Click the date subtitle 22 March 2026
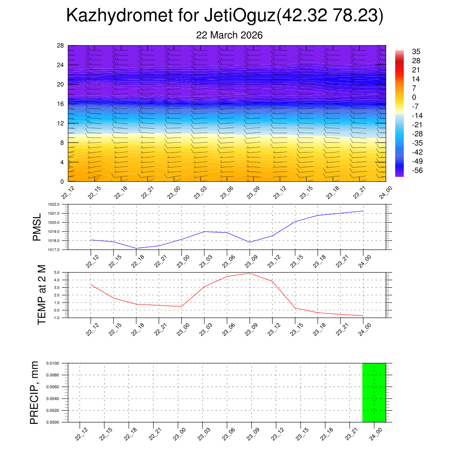pos(229,35)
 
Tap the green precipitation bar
pos(374,392)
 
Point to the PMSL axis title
pos(37,227)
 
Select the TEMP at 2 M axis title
pos(42,295)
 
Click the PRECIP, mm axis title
pos(35,392)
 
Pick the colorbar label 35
pos(416,51)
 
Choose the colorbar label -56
pos(417,170)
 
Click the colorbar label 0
pos(414,97)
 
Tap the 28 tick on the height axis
pos(60,45)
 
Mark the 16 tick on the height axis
pos(60,104)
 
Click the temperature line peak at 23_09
pos(250,273)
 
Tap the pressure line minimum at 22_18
pos(136,248)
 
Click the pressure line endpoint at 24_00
pos(363,211)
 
